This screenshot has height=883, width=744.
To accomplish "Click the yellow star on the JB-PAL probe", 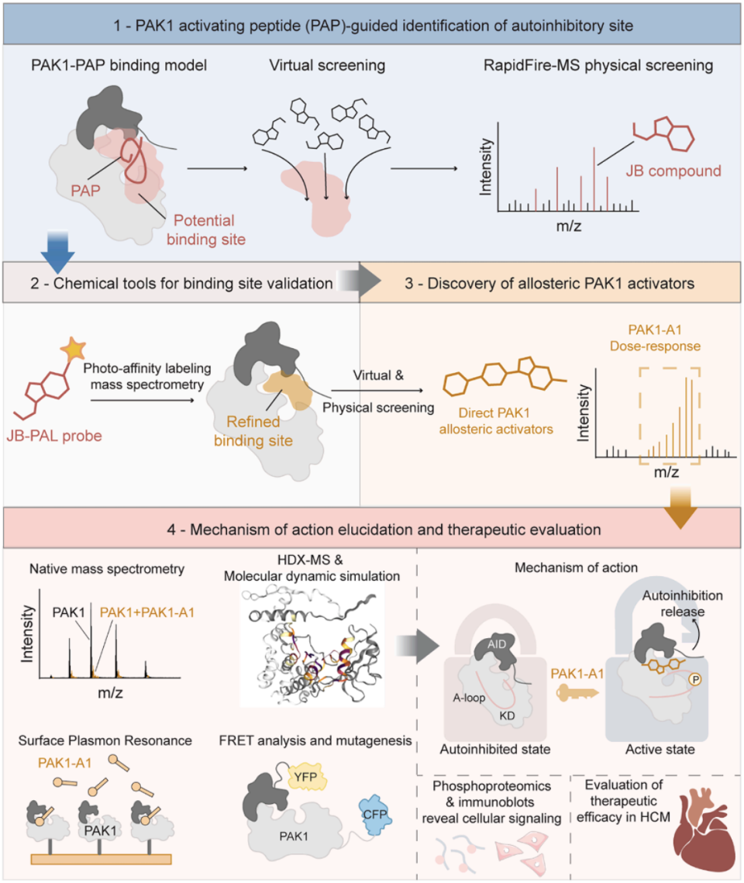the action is [73, 349].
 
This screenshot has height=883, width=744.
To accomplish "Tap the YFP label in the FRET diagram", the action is [305, 777].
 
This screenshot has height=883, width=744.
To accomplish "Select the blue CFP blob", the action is [375, 814].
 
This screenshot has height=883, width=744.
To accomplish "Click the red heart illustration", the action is [704, 829].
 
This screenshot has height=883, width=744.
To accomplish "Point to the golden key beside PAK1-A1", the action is [577, 693].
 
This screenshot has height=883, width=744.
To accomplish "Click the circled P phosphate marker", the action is [696, 680].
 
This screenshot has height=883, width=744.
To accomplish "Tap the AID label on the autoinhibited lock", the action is [496, 644].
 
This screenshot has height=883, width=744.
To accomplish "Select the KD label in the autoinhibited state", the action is [507, 716].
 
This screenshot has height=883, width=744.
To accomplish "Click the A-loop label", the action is [469, 698].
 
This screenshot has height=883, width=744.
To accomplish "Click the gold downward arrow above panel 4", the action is [680, 508].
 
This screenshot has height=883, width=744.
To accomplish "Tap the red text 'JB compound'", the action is [673, 171].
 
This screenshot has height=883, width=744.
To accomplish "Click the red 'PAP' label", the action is [85, 191].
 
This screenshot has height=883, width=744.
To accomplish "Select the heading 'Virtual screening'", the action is [327, 65].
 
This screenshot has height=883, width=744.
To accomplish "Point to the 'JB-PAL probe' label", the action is [54, 436].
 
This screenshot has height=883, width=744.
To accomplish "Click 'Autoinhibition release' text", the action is [682, 603].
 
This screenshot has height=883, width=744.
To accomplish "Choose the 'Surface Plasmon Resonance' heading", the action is [105, 740].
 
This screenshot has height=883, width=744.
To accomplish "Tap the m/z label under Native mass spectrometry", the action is [110, 692].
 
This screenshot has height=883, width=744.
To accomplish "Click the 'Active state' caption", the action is [660, 750].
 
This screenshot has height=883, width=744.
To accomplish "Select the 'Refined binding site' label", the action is [253, 431].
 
